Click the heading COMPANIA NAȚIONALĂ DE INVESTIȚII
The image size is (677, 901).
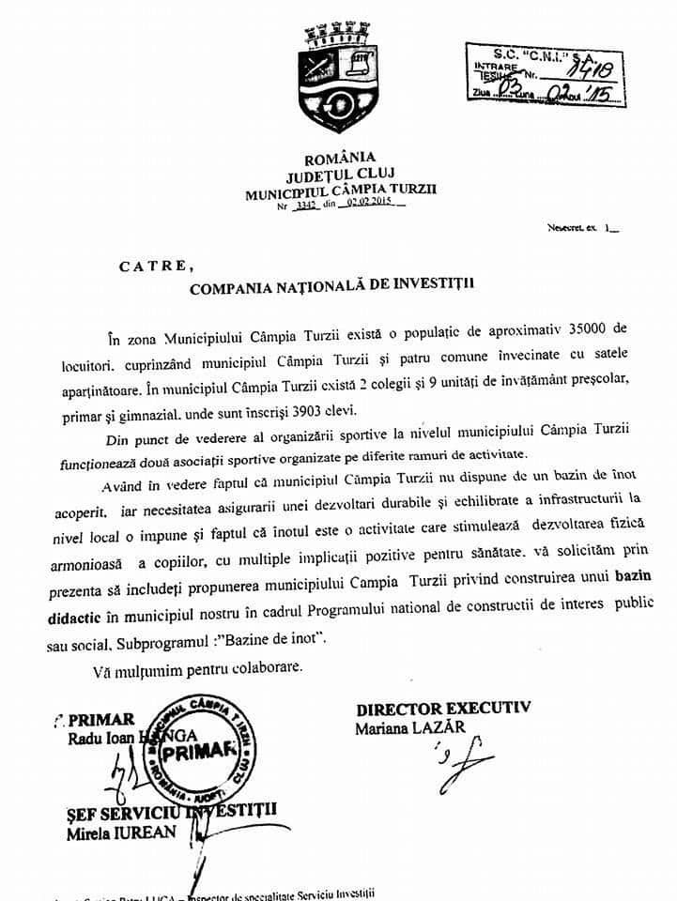[x=332, y=289]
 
